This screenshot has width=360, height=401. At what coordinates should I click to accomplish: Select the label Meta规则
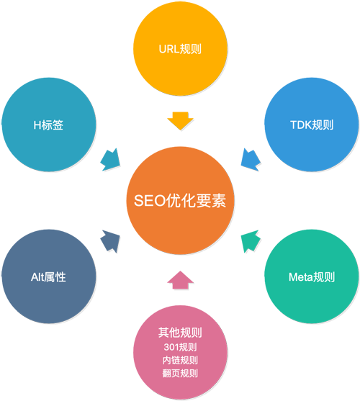click(311, 276)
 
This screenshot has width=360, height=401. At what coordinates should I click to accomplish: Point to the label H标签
click(48, 125)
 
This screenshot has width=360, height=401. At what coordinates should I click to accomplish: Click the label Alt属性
click(48, 276)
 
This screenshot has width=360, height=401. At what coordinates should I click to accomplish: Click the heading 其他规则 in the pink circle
click(179, 333)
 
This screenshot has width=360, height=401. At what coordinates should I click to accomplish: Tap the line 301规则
click(179, 347)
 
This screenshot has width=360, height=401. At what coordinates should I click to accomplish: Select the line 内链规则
click(179, 360)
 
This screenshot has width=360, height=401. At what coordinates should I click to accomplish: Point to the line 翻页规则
click(179, 373)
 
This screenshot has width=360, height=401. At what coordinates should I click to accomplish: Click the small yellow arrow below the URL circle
click(176, 116)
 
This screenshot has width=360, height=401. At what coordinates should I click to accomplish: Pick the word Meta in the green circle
click(301, 276)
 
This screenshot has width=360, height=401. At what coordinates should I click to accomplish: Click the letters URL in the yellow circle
click(168, 50)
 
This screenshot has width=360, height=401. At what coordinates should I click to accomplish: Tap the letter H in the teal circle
click(37, 125)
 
